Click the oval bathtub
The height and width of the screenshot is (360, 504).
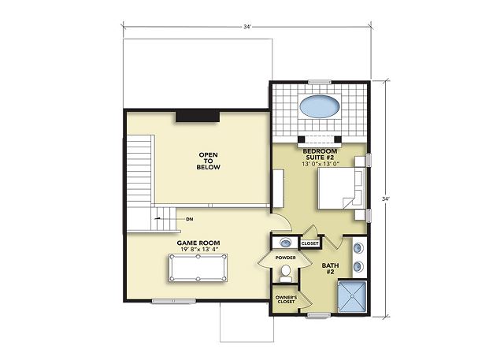[x=319, y=106]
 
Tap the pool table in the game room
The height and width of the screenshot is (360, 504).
[x=198, y=267]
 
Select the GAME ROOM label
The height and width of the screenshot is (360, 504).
[x=198, y=243]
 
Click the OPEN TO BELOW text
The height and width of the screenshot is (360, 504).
[x=208, y=161]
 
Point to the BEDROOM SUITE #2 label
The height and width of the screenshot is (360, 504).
[x=320, y=154]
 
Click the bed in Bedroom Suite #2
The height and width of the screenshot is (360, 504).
[x=341, y=189]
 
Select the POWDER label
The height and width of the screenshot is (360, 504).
[x=285, y=258]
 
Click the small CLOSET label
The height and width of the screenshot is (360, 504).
[x=309, y=243]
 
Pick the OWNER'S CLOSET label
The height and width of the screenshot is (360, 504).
[x=286, y=299]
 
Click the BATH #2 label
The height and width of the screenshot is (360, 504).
[x=330, y=269]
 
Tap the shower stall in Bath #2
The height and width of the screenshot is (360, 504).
[x=352, y=297]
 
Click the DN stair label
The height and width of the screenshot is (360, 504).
[x=190, y=219]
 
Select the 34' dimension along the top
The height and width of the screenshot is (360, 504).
[x=246, y=27]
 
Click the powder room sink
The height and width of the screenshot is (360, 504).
[x=285, y=243]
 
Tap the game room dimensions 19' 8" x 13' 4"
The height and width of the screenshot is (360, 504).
[x=198, y=250]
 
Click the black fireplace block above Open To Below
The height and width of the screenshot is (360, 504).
[x=198, y=117]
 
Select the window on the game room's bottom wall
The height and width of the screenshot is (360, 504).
[x=173, y=301]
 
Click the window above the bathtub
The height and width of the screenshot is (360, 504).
[x=320, y=82]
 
